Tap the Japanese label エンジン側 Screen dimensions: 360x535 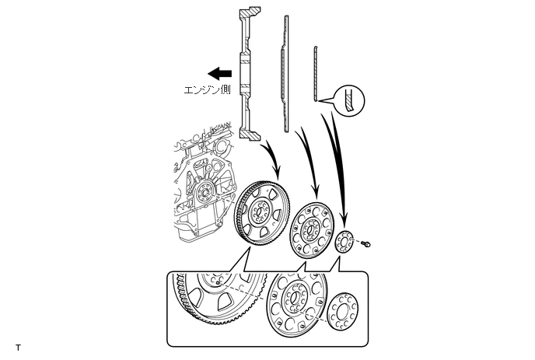tap(207, 90)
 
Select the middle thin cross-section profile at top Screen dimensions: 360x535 tap(285, 70)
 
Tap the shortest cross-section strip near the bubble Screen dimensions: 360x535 tap(316, 74)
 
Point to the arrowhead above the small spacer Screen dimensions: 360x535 tap(342, 222)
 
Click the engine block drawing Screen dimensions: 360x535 tap(199, 187)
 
